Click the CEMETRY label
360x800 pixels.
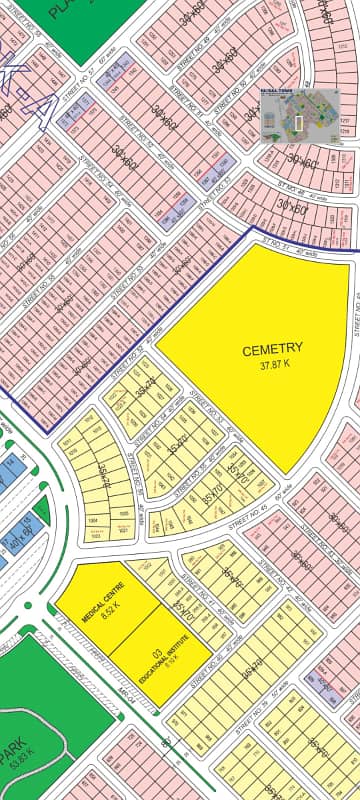pyautogui.click(x=272, y=349)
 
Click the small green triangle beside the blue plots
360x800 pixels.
pyautogui.click(x=40, y=509)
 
